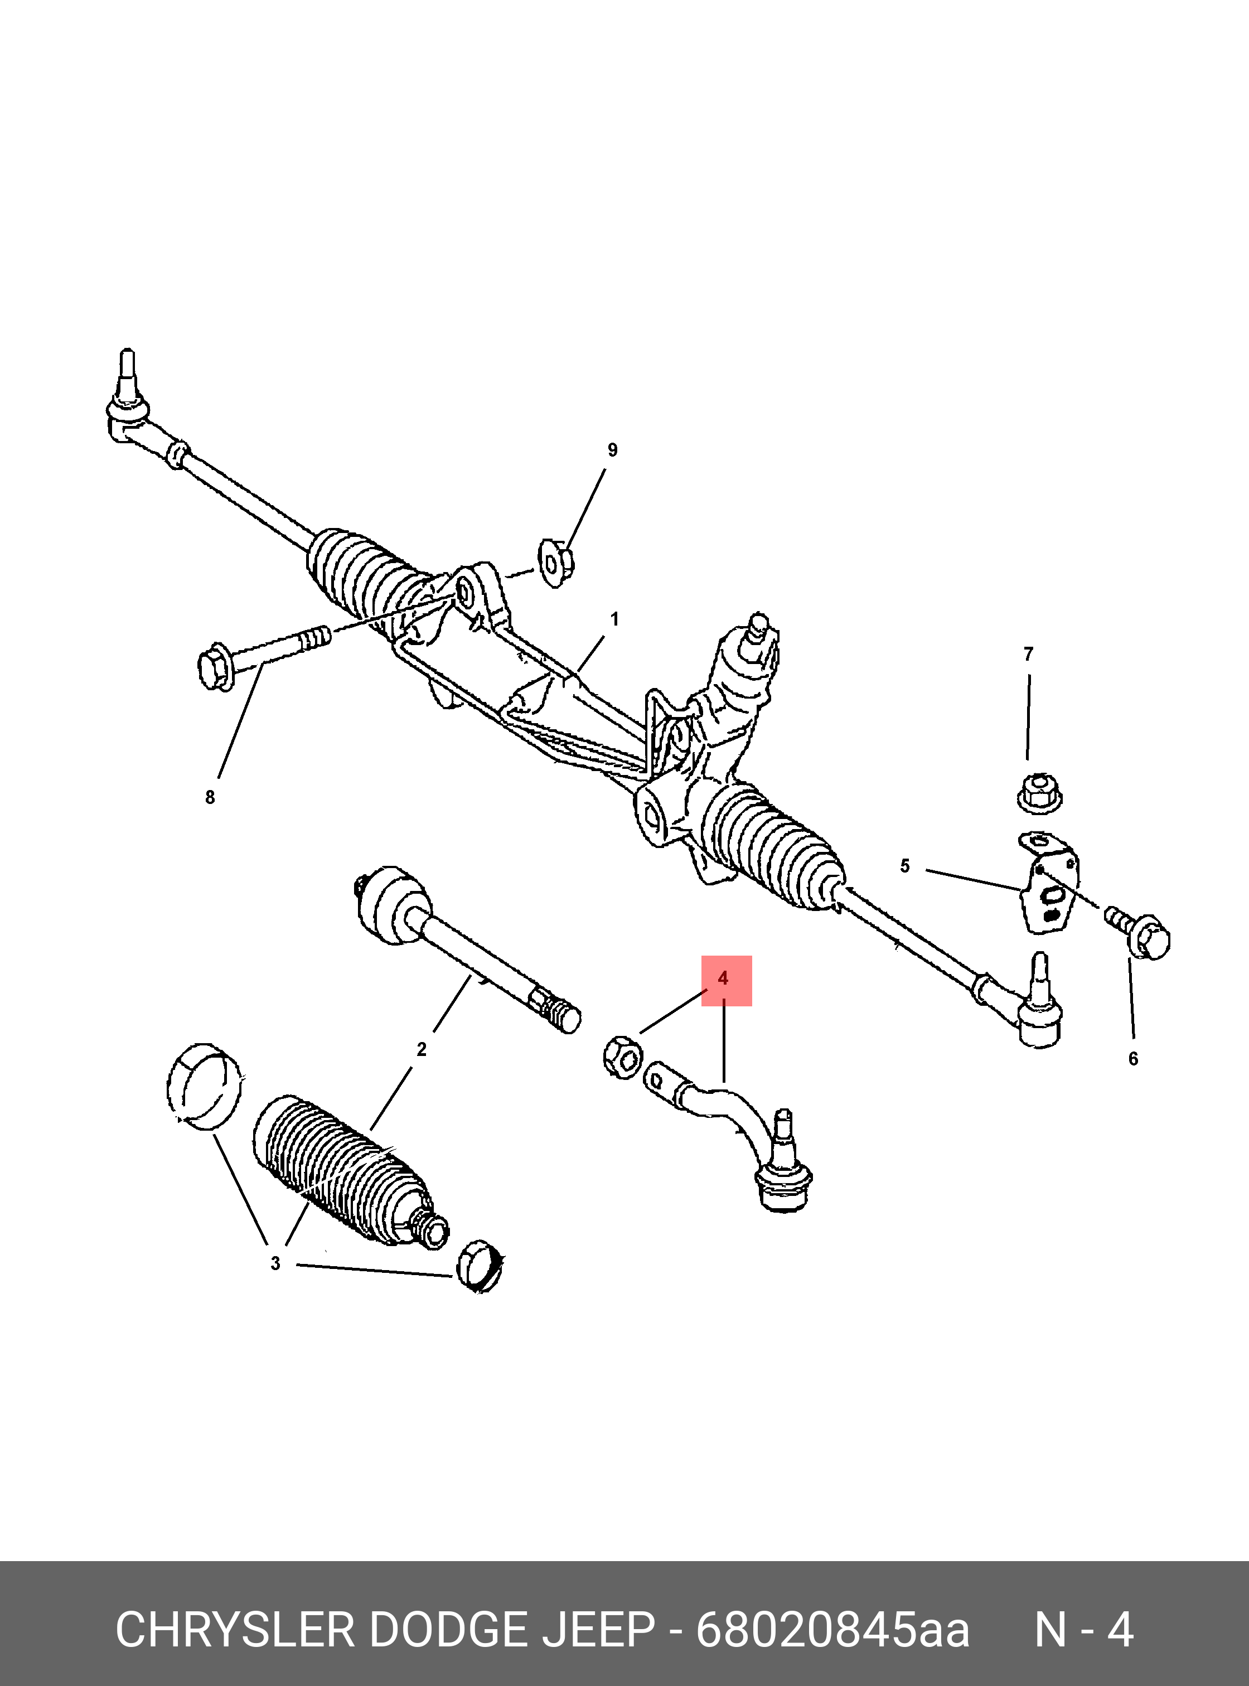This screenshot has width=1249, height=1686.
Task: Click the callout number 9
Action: point(612,450)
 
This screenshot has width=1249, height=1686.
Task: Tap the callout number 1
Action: point(614,619)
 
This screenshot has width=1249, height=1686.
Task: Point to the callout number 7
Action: point(1028,655)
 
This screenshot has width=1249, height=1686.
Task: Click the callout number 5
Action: point(905,866)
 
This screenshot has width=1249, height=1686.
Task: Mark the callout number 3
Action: point(275,1263)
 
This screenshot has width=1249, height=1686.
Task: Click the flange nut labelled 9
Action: point(556,563)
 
